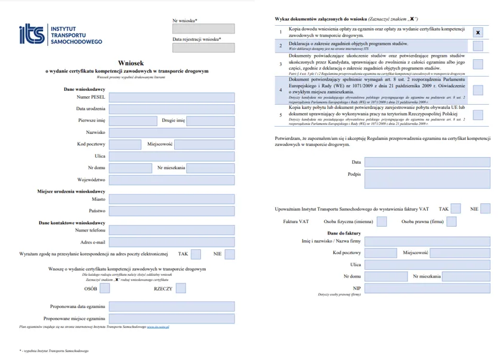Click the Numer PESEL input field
(x=171, y=97)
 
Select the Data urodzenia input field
(x=171, y=109)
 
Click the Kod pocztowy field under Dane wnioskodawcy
(x=124, y=144)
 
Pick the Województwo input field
(x=171, y=180)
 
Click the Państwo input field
(x=171, y=211)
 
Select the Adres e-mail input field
(x=171, y=242)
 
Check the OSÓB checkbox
(x=105, y=288)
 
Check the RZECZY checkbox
(x=181, y=288)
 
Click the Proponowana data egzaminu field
(x=171, y=307)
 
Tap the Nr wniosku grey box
(x=203, y=29)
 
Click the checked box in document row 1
(x=477, y=32)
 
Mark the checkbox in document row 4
(x=477, y=90)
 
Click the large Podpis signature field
(x=427, y=179)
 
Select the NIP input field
(x=427, y=288)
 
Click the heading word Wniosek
(x=130, y=62)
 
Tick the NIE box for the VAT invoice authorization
(x=485, y=209)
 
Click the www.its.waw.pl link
(x=159, y=327)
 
